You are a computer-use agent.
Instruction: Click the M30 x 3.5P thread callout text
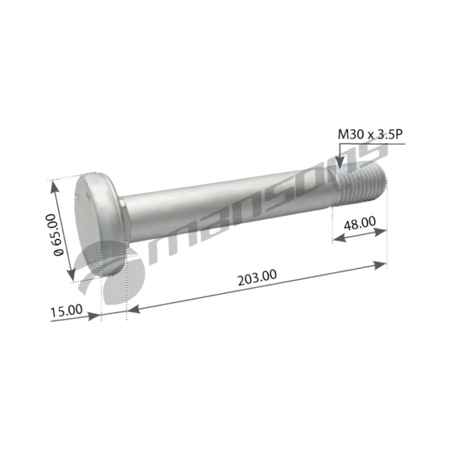coord(369,135)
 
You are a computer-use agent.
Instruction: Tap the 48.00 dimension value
coord(360,223)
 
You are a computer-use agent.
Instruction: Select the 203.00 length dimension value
coord(258,277)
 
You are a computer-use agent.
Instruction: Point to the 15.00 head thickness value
coord(67,311)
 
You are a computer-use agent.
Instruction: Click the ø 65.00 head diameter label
coord(58,235)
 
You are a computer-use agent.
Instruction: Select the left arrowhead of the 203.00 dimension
coord(134,309)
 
